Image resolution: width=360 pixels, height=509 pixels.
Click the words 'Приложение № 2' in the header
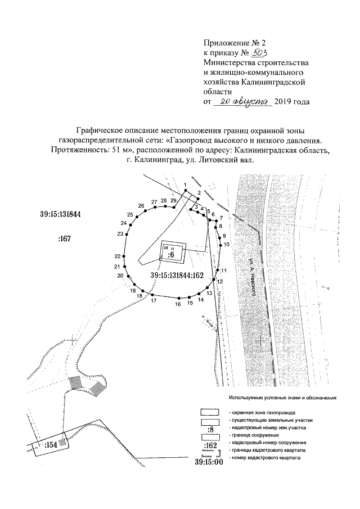tap(231, 42)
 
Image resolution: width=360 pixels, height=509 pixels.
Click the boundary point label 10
tap(227, 245)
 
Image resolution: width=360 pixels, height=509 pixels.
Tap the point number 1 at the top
tap(184, 186)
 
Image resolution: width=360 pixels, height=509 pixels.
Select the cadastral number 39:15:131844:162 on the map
tap(184, 274)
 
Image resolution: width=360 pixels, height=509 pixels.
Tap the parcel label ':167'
tap(64, 240)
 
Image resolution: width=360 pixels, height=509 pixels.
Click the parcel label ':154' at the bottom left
tap(51, 445)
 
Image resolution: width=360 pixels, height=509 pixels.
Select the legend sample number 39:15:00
tap(209, 462)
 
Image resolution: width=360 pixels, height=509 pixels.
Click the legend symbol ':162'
tap(209, 446)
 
